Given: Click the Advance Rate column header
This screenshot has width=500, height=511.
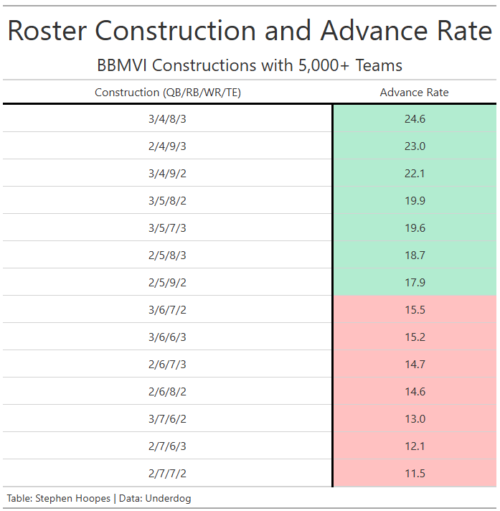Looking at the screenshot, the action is (x=414, y=93).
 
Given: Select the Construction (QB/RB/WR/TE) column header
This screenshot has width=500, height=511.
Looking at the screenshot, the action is (x=168, y=93).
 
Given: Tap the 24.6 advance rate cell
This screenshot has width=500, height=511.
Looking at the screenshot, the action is (x=415, y=119).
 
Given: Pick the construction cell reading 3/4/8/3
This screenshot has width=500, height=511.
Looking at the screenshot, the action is (x=167, y=119).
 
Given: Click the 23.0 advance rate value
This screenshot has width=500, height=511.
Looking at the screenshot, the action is (x=415, y=146).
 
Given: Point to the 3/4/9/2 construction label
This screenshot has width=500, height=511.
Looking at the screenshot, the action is (x=167, y=174).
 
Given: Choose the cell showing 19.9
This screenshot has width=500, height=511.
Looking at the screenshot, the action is (x=415, y=201).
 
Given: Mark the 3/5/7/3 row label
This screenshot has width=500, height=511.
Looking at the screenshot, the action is (x=167, y=228).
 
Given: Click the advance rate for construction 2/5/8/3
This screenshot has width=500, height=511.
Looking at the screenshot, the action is (x=415, y=255).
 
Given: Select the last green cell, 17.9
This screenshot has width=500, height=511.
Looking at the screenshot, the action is (x=415, y=283).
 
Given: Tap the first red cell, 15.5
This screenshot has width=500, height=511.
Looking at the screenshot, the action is (x=415, y=310).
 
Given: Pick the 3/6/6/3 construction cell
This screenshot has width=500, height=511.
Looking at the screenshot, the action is (x=167, y=337).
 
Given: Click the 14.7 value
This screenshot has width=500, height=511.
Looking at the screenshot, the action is (x=415, y=365).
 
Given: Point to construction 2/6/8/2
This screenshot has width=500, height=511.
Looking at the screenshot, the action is (x=167, y=392).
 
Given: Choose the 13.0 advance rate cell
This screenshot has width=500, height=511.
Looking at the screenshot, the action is (x=415, y=418).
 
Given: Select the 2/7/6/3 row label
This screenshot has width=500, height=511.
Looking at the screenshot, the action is (x=167, y=446).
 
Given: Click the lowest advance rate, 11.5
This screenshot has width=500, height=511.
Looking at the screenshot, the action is (x=415, y=474).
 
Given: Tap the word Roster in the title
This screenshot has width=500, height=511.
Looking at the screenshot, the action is (x=47, y=31).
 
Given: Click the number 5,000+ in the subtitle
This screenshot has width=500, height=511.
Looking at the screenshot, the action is (x=324, y=65).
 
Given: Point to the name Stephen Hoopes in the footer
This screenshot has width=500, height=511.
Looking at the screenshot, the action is (x=73, y=499).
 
